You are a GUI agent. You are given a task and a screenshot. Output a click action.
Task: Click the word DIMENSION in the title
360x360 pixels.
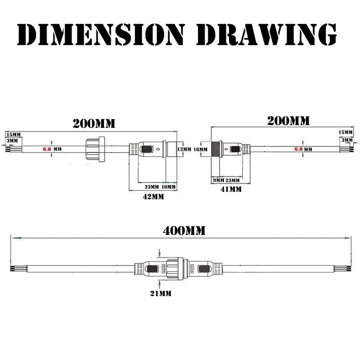click(x=101, y=34)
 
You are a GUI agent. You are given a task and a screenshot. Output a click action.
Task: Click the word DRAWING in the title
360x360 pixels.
click(x=266, y=34)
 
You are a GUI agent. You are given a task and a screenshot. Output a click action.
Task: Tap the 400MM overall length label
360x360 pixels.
click(x=184, y=231)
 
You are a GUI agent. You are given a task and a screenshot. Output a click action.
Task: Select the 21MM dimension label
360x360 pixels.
click(x=161, y=293)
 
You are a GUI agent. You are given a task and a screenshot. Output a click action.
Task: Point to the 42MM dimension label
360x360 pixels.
click(x=153, y=197)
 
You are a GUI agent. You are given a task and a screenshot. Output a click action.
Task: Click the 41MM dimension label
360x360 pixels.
click(x=231, y=189)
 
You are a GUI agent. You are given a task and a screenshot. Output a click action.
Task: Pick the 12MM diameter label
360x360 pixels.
click(x=184, y=149)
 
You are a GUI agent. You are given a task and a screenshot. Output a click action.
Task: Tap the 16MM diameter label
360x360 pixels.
click(x=201, y=149)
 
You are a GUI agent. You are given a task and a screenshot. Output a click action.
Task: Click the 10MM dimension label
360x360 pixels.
click(x=169, y=187)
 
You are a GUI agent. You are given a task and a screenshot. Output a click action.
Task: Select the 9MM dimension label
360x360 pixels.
click(x=219, y=180)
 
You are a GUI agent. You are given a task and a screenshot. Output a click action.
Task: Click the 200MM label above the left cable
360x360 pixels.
click(x=94, y=123)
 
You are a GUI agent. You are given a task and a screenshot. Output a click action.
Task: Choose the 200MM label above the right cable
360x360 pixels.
click(x=288, y=121)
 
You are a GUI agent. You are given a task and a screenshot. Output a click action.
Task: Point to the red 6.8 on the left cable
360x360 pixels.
click(x=47, y=149)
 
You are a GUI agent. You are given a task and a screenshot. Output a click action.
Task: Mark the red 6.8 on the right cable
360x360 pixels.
click(x=298, y=149)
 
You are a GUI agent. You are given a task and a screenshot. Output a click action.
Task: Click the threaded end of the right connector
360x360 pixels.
click(x=216, y=149)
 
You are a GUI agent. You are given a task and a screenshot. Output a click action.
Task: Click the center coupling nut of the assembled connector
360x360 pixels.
click(x=175, y=268)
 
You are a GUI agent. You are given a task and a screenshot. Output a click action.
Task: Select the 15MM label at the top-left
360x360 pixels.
click(x=13, y=135)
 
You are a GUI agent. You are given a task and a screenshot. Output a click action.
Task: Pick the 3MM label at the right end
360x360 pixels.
click(x=347, y=140)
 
